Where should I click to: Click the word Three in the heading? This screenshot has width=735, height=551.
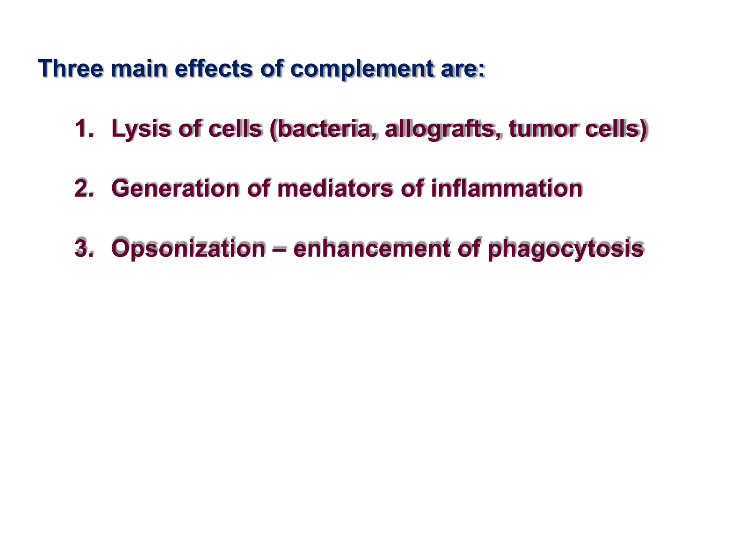coord(71,68)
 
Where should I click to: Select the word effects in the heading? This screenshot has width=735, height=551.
coord(214,68)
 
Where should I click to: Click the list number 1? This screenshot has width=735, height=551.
coord(83,128)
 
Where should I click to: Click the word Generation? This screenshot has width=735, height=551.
coord(175,188)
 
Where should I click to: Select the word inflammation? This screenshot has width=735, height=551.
coord(506,188)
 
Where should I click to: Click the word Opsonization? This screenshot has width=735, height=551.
coord(188,249)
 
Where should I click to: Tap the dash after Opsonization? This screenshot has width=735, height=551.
coord(279,249)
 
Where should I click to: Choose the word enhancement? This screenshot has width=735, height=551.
coord(371,248)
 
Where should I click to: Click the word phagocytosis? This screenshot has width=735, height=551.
coord(566,249)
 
